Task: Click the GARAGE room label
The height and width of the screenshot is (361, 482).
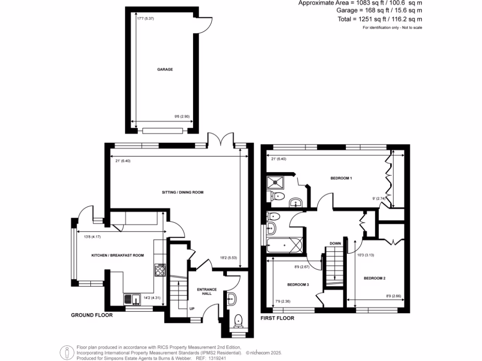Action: (x=165, y=70)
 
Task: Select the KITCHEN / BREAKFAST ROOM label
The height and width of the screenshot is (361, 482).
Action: (x=118, y=255)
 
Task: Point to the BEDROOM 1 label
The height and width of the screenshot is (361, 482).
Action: (x=341, y=179)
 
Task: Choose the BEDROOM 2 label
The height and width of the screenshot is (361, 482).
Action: (x=374, y=278)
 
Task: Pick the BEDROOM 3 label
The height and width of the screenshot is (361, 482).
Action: (x=298, y=285)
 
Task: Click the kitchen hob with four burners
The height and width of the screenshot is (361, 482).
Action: (x=159, y=269)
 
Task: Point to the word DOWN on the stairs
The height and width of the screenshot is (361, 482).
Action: (x=335, y=243)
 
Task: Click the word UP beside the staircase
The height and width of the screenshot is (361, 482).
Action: (x=192, y=309)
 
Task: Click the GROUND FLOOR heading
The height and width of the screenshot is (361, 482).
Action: (x=92, y=315)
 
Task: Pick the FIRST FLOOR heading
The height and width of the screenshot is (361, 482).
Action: (x=277, y=318)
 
